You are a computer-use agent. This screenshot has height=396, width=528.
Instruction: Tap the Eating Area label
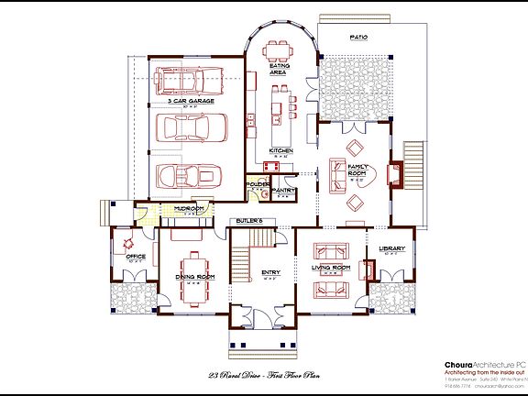pyautogui.click(x=280, y=69)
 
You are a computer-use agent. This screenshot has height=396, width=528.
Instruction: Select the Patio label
pyautogui.click(x=357, y=38)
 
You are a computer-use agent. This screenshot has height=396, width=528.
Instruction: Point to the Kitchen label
pyautogui.click(x=280, y=150)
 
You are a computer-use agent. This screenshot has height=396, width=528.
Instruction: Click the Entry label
pyautogui.click(x=270, y=272)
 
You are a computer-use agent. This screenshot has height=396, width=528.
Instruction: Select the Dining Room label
pyautogui.click(x=193, y=276)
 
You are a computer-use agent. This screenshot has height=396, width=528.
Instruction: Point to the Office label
pyautogui.click(x=135, y=257)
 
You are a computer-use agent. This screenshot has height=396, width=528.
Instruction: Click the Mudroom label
pyautogui.click(x=175, y=208)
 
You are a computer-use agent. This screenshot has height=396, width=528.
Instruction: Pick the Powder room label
pyautogui.click(x=257, y=184)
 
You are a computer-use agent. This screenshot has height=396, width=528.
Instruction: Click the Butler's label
pyautogui.click(x=249, y=221)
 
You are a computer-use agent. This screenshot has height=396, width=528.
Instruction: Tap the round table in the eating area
pyautogui.click(x=281, y=50)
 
